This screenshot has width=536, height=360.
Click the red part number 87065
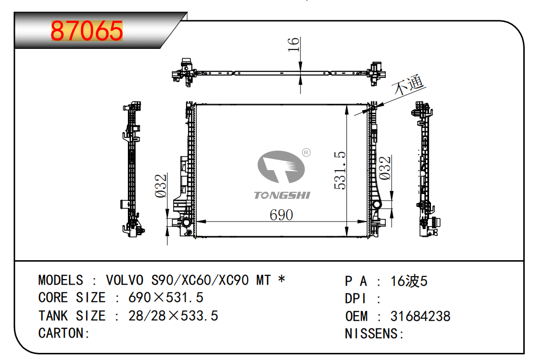(87, 31)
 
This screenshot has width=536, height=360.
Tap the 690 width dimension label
(281, 215)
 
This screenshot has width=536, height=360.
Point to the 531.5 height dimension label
(340, 171)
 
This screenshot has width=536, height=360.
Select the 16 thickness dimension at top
(293, 44)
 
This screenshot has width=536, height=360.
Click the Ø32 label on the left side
(160, 186)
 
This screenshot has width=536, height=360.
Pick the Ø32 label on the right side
(385, 168)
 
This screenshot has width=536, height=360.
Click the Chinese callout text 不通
(409, 84)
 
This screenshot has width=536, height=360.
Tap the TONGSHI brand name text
(282, 196)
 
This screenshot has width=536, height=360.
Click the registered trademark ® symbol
(306, 153)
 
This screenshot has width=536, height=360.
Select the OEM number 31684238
(420, 316)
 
